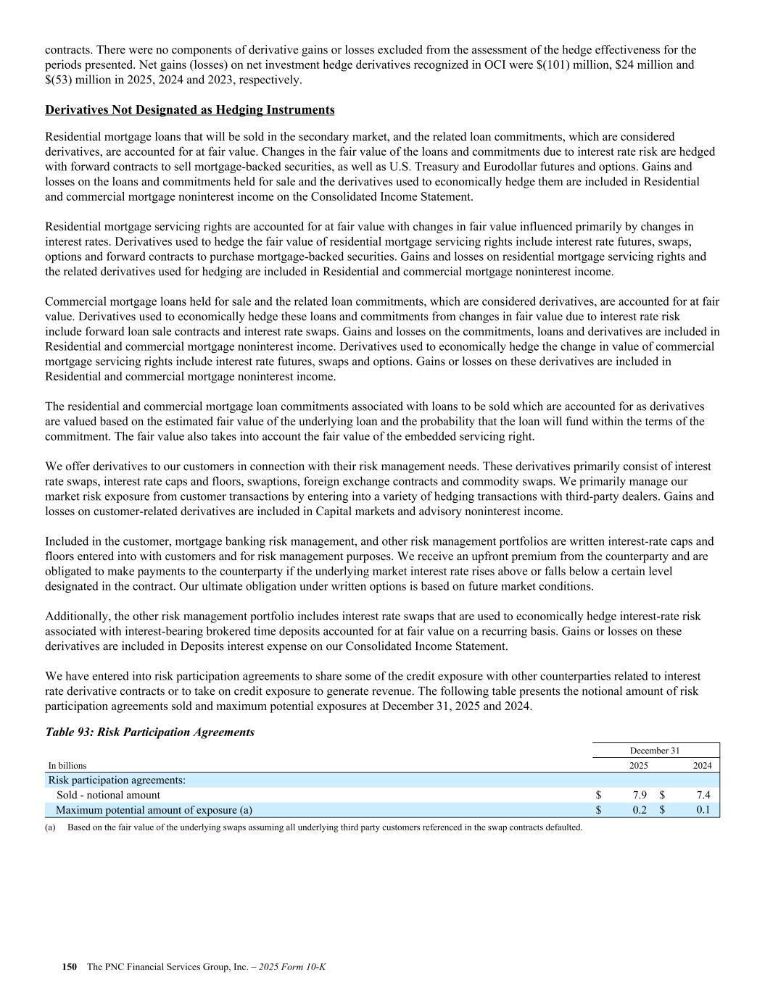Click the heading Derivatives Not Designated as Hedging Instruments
pyautogui.click(x=190, y=110)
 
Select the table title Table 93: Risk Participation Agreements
pyautogui.click(x=149, y=732)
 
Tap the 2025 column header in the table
pyautogui.click(x=639, y=766)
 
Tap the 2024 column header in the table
pyautogui.click(x=702, y=766)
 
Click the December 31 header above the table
pyautogui.click(x=655, y=751)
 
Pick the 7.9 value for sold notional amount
pyautogui.click(x=639, y=795)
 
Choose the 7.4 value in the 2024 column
pyautogui.click(x=703, y=795)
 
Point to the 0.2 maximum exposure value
pyautogui.click(x=639, y=810)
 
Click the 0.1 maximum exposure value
pyautogui.click(x=703, y=810)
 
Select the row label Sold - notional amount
pyautogui.click(x=108, y=795)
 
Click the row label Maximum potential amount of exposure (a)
pyautogui.click(x=154, y=810)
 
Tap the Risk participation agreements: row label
pyautogui.click(x=117, y=780)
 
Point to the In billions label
pyautogui.click(x=67, y=766)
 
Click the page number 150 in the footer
pyautogui.click(x=69, y=967)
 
